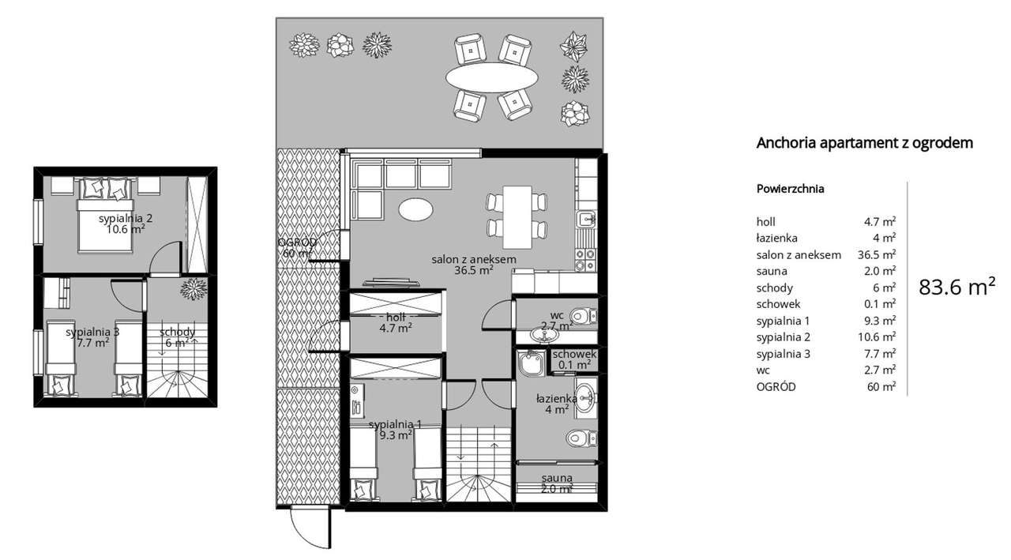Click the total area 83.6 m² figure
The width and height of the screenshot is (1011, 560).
pos(957,287)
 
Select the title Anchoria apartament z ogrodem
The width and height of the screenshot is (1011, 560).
pos(864,143)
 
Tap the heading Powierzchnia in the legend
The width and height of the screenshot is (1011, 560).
pos(790,190)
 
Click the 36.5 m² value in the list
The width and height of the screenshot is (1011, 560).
pos(876,254)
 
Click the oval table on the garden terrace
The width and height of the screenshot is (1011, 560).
pos(492,77)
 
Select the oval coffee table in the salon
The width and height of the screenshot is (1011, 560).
pos(415,209)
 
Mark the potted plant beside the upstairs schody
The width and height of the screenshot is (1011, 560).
pos(193,289)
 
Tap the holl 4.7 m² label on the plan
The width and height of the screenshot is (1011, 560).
pos(394,322)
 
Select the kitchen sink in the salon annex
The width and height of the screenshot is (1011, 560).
pos(585,220)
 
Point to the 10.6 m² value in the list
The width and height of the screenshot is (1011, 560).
pos(879,337)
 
